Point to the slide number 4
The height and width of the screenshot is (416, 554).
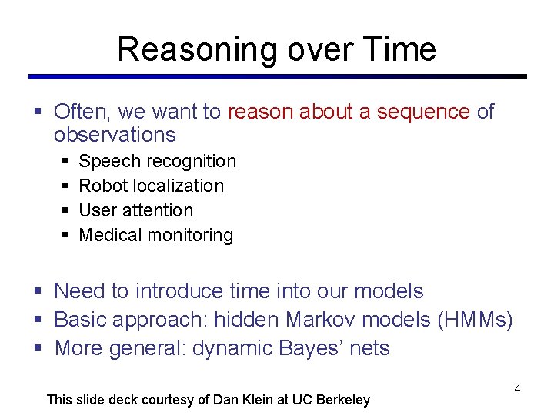[517, 388]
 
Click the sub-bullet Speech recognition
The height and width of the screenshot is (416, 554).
[157, 161]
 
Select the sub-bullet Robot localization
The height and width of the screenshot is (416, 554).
[152, 186]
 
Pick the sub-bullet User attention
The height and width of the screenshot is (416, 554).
[136, 210]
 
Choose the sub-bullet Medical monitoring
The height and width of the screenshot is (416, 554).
[155, 235]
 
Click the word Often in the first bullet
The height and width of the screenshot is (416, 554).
[82, 112]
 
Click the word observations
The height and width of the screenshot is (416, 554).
[115, 135]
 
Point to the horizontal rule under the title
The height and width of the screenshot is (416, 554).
[277, 77]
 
